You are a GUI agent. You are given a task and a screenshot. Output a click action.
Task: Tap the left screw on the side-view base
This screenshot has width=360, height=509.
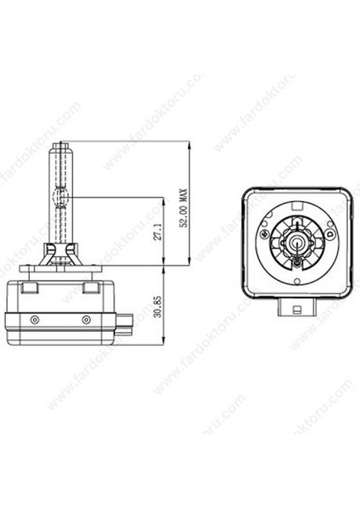(34, 319)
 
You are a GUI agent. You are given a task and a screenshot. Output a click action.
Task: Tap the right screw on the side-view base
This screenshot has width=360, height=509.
(87, 319)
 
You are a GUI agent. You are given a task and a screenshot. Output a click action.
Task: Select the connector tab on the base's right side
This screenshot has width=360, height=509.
(126, 322)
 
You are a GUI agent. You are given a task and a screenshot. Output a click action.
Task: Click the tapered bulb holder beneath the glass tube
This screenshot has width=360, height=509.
(60, 255)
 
